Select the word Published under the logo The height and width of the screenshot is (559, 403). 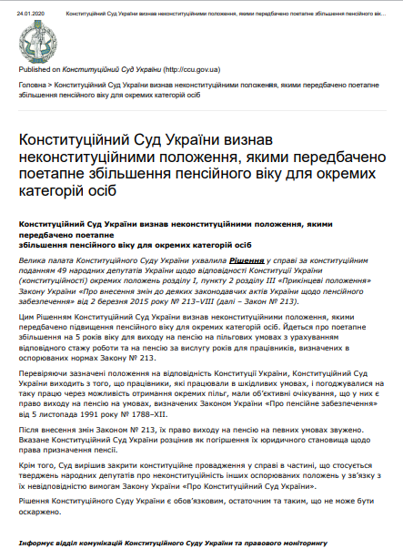coord(34,68)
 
